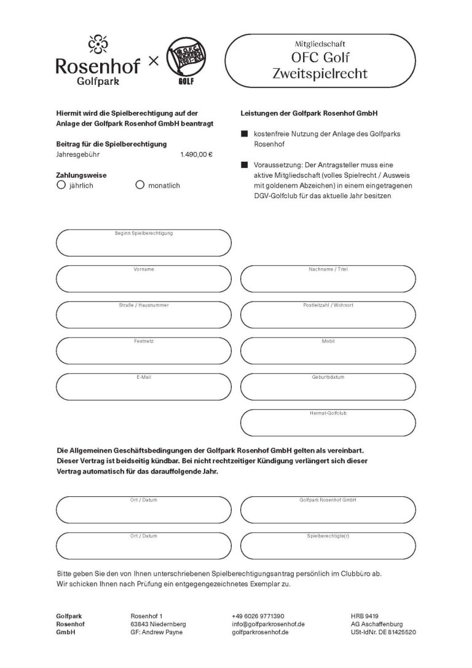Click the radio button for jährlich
[60, 185]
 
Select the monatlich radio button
[140, 185]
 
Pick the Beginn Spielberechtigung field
[144, 244]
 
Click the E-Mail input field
[144, 388]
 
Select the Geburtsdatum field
[328, 388]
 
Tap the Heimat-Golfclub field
[328, 423]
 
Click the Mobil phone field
[328, 352]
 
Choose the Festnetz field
[144, 352]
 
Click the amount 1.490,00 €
[197, 154]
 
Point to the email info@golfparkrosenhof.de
[269, 624]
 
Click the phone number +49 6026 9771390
[258, 616]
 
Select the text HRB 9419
[364, 616]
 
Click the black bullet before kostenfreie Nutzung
[244, 133]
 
